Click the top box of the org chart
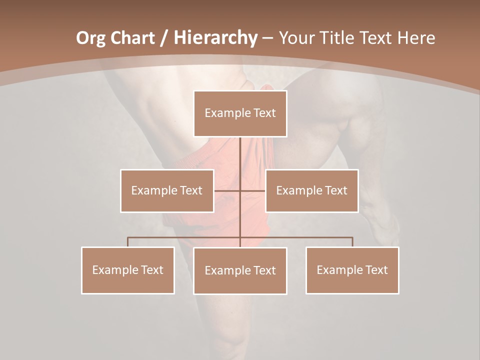coord(240,113)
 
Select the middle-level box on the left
coord(167,190)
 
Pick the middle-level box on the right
coord(311,190)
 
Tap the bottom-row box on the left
coord(128,270)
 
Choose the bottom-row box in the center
coord(240,271)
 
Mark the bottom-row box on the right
coord(352,270)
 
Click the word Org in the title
coord(90,38)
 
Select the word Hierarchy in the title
coord(215,38)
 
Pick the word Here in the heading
coord(415,38)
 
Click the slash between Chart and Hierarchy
coord(164,38)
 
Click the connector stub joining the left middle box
coord(227,190)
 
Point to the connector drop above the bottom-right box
coord(352,242)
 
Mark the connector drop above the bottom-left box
coord(128,242)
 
